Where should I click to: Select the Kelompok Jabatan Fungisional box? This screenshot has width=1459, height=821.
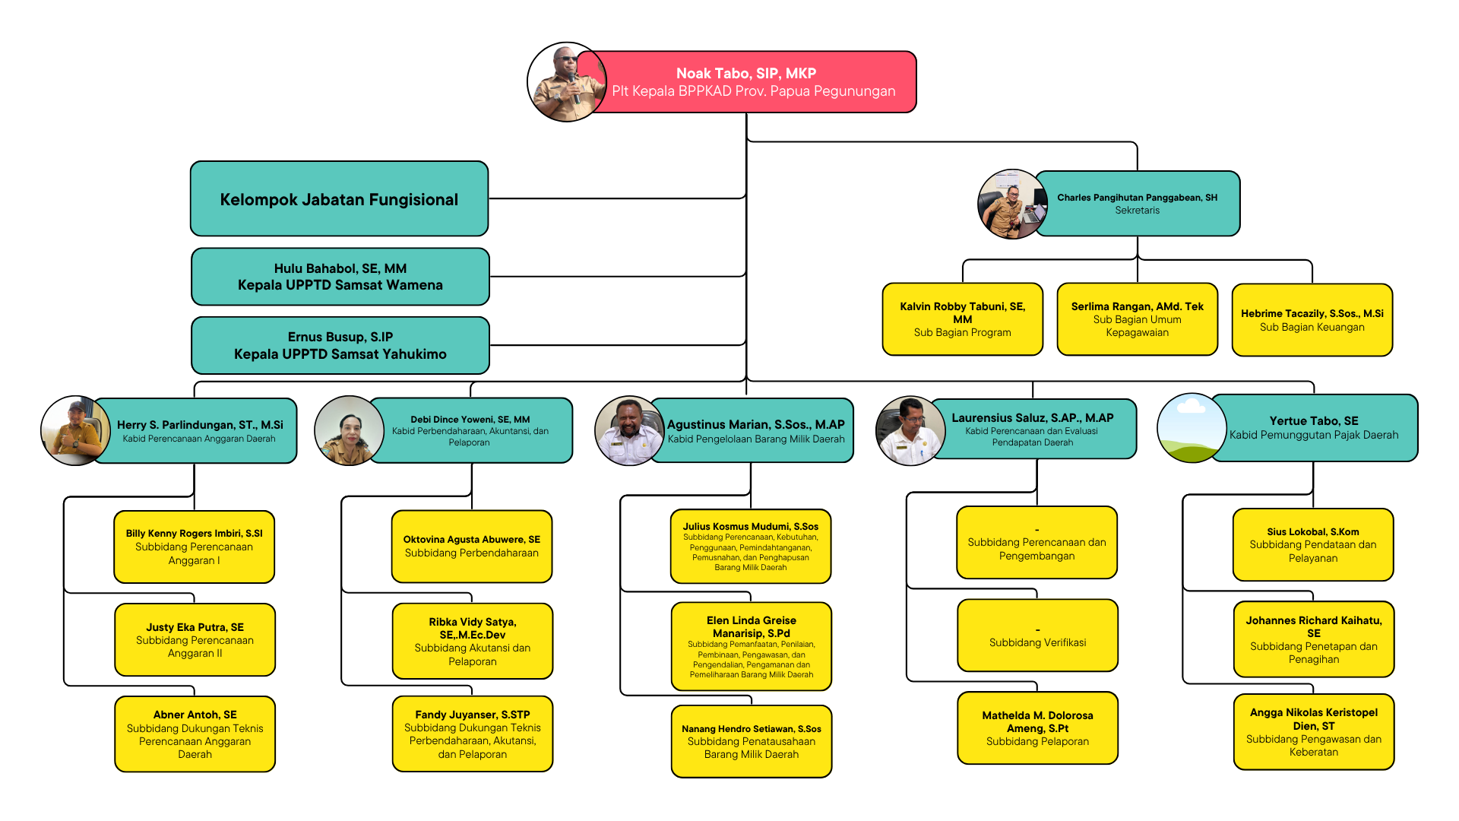pyautogui.click(x=339, y=198)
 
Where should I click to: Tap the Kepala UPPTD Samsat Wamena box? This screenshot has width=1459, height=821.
pyautogui.click(x=340, y=277)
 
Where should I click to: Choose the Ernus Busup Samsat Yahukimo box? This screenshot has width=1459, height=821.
pyautogui.click(x=340, y=345)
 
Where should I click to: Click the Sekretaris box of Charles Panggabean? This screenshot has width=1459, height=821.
pyautogui.click(x=1137, y=203)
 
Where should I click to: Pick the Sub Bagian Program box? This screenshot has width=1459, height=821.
pyautogui.click(x=962, y=319)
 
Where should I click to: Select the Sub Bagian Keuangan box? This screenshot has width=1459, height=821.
pyautogui.click(x=1312, y=320)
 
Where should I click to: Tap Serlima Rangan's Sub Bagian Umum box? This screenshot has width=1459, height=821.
pyautogui.click(x=1137, y=319)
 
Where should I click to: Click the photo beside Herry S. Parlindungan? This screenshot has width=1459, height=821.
pyautogui.click(x=75, y=430)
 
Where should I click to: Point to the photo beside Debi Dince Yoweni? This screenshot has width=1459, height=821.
pyautogui.click(x=349, y=430)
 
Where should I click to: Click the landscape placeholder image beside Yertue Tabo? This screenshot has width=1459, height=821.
pyautogui.click(x=1192, y=428)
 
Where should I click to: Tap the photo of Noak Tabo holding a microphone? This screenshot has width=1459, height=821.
pyautogui.click(x=567, y=81)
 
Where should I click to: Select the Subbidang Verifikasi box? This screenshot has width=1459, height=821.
pyautogui.click(x=1037, y=636)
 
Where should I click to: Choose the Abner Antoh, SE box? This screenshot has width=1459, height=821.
pyautogui.click(x=195, y=734)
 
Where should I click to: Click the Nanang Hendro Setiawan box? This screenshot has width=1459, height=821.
pyautogui.click(x=751, y=741)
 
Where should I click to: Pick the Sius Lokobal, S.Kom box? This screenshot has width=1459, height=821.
pyautogui.click(x=1313, y=545)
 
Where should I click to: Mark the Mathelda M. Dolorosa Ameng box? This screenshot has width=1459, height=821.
pyautogui.click(x=1037, y=728)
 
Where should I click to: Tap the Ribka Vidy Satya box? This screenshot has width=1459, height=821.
pyautogui.click(x=472, y=641)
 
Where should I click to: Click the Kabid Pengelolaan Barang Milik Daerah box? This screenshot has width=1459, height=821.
pyautogui.click(x=752, y=430)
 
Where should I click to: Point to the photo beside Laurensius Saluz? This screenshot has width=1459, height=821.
pyautogui.click(x=910, y=430)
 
